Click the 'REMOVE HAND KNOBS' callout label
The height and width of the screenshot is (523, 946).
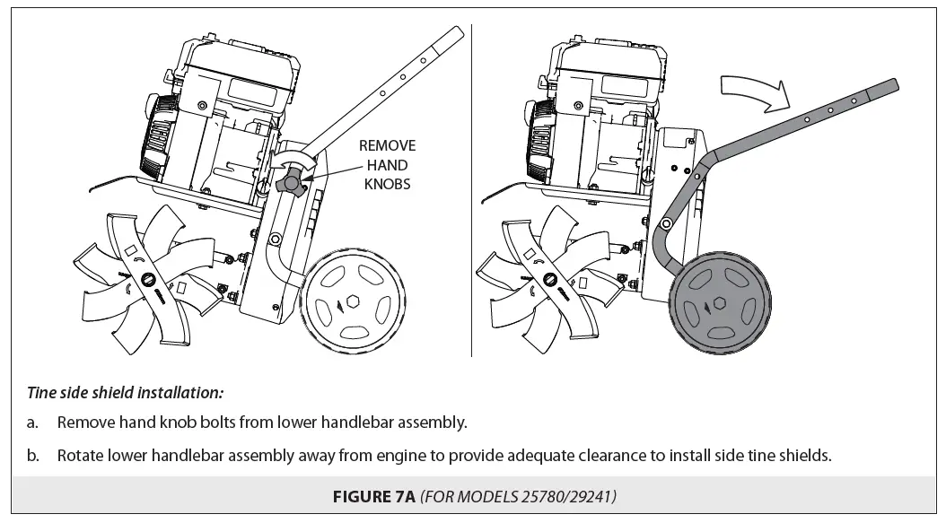pyautogui.click(x=387, y=164)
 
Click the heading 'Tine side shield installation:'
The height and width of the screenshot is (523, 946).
pyautogui.click(x=125, y=392)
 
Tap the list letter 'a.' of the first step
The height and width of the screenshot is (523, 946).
pyautogui.click(x=33, y=422)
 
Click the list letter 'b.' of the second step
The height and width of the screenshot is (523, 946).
pyautogui.click(x=33, y=455)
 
